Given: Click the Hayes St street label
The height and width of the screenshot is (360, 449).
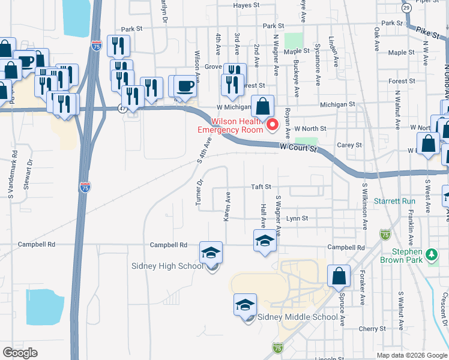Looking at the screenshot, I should (246, 5).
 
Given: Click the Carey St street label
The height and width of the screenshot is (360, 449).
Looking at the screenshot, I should (349, 145).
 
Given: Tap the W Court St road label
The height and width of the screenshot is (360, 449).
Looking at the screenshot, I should (298, 148).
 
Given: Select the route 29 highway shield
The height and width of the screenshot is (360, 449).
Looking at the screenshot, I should (406, 8).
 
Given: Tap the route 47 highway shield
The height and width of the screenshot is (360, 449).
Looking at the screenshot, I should (122, 109).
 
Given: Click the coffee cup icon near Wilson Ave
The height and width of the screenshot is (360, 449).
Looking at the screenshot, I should (186, 85).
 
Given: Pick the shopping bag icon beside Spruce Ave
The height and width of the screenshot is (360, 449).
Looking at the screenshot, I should (339, 276).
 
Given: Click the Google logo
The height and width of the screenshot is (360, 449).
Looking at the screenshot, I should (20, 353).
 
